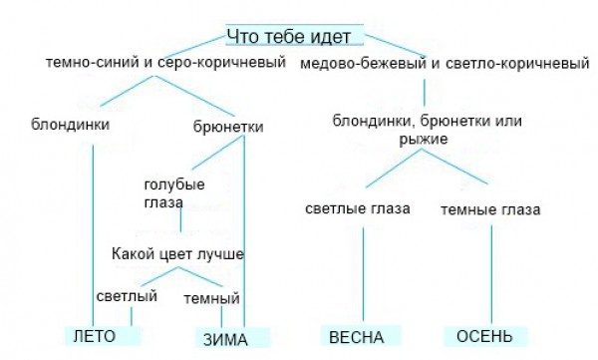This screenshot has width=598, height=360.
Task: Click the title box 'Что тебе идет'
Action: click(294, 36)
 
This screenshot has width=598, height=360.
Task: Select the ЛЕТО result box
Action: click(103, 336)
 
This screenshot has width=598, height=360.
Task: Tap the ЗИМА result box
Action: click(233, 338)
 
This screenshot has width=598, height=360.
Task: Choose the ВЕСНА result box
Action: click(361, 336)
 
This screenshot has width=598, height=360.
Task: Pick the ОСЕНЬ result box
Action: click(485, 336)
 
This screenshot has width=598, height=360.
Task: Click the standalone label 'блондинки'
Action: click(70, 125)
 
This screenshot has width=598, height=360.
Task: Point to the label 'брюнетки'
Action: click(228, 127)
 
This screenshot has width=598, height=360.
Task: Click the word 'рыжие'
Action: click(424, 139)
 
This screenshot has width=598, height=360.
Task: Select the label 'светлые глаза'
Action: click(358, 208)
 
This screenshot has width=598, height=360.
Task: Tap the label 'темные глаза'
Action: click(490, 209)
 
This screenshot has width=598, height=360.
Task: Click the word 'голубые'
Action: click(174, 184)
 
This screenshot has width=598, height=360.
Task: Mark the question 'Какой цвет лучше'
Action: click(177, 254)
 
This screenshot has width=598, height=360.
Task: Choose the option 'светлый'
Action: click(127, 296)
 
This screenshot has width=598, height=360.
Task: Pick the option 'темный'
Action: click(211, 298)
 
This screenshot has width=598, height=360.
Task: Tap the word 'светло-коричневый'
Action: click(517, 63)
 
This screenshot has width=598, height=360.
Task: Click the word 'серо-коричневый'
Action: click(221, 62)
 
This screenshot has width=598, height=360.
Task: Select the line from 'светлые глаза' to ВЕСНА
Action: click(363, 274)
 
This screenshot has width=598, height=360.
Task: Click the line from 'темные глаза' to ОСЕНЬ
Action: click(491, 274)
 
